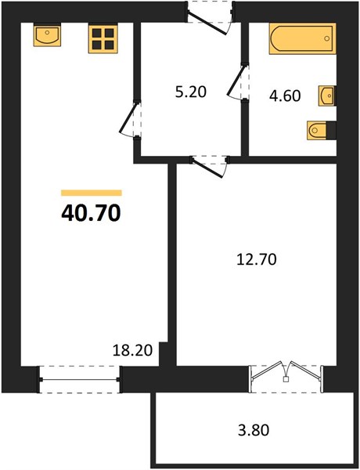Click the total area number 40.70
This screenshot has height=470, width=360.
[91, 213]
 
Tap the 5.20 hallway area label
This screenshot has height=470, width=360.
[191, 92]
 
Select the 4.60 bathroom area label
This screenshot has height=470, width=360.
[285, 96]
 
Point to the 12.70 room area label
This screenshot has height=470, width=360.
[257, 259]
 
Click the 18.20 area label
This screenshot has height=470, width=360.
[132, 350]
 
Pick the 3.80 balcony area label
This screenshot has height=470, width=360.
[254, 430]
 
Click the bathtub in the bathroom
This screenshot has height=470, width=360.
[302, 38]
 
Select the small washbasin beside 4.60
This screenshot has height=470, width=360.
[327, 96]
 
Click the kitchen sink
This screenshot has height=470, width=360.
[47, 35]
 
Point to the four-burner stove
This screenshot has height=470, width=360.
[103, 39]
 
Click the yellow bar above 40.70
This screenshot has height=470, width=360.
[92, 193]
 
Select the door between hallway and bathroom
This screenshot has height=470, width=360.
[238, 81]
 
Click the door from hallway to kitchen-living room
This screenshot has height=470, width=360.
[130, 119]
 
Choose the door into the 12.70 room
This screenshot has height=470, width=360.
[210, 166]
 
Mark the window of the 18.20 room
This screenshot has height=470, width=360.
[79, 379]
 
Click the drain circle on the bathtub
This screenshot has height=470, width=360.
[327, 38]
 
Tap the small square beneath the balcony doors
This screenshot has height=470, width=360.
[286, 379]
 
